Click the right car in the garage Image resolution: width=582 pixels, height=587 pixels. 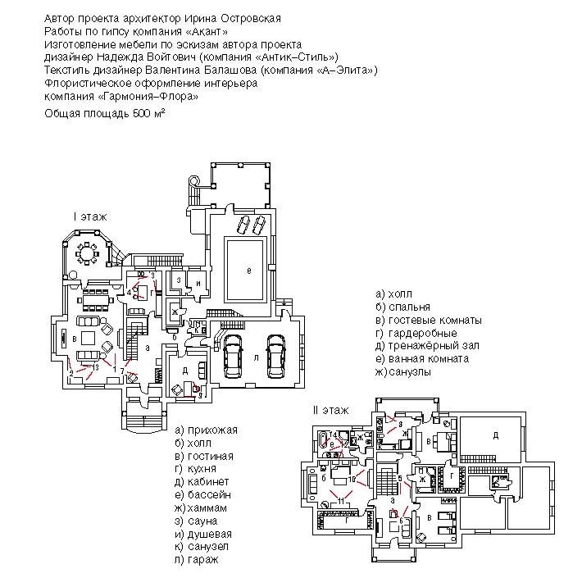pos(275,356)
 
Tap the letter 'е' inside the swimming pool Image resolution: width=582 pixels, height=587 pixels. pos(248,269)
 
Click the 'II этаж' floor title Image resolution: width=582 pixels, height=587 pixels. pos(330,409)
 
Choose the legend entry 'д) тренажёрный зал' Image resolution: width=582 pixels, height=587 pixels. pos(426,346)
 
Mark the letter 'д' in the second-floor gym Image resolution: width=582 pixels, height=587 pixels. pos(495,436)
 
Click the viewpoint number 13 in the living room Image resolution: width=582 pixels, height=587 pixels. pos(97,366)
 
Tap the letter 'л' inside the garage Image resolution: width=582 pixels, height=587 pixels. pos(257,357)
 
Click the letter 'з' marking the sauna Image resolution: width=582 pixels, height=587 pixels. pos(178,280)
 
